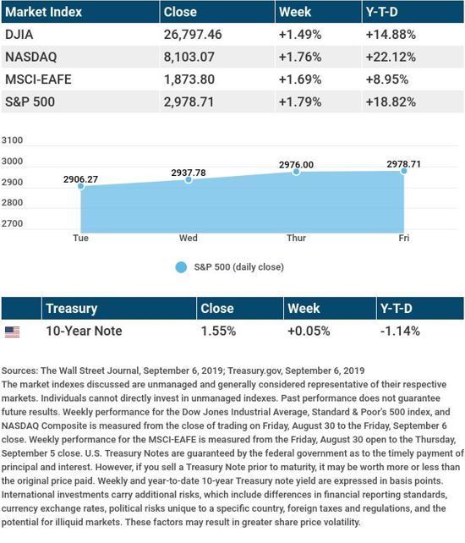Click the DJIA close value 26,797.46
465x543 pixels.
tap(193, 35)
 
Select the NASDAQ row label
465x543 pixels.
tap(30, 57)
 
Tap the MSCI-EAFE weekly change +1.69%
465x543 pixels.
tap(300, 80)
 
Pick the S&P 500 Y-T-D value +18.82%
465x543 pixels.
tap(391, 101)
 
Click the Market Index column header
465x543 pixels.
tap(44, 12)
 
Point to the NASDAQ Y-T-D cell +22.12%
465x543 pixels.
tap(391, 57)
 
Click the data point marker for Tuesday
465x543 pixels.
tap(80, 186)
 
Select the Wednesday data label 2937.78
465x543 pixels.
tap(189, 173)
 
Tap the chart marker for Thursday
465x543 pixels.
tap(296, 172)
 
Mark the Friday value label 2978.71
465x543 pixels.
tap(404, 164)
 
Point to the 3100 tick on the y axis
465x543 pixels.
tap(12, 140)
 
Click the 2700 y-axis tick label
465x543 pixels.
tap(12, 223)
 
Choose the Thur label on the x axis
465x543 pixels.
tap(297, 238)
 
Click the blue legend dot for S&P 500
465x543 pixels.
tap(181, 267)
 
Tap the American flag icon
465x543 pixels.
tap(12, 332)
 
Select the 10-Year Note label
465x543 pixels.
tap(84, 331)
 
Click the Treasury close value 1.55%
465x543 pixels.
tap(218, 331)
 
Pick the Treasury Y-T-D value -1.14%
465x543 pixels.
tap(400, 331)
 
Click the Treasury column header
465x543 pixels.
tap(72, 309)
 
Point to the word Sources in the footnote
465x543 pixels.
tap(19, 370)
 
